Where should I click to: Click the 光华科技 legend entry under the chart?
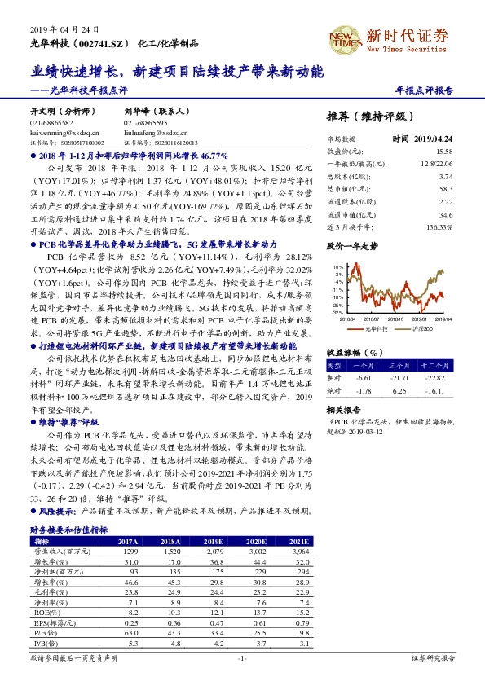tap(373, 329)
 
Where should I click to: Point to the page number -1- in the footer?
tap(241, 657)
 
